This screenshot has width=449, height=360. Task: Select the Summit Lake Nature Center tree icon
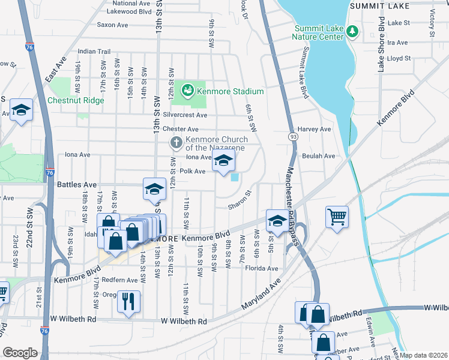(354, 31)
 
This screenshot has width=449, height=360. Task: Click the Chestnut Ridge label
(76, 100)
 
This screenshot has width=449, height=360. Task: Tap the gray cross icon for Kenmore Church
(176, 143)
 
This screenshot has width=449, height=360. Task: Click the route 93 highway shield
(293, 137)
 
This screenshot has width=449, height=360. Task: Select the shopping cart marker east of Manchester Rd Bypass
(337, 217)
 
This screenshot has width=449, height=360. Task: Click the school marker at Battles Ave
(154, 188)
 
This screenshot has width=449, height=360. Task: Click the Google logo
(20, 352)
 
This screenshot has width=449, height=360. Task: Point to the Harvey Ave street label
(314, 129)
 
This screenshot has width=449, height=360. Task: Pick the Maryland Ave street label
(262, 295)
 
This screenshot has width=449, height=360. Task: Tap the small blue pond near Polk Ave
(234, 176)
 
